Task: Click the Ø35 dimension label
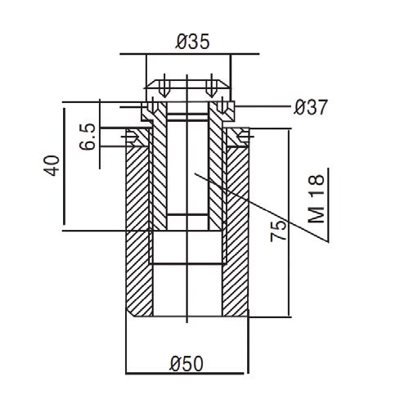[192, 42]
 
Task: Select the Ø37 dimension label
[310, 107]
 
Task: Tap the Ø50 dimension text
[187, 364]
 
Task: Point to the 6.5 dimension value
[88, 137]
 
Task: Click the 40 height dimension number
[52, 165]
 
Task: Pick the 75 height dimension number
[279, 231]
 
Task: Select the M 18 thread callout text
[317, 199]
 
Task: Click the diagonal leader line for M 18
[261, 207]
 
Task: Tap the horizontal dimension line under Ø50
[185, 374]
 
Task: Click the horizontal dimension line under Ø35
[190, 54]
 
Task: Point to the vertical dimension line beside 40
[65, 166]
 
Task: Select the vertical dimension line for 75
[289, 223]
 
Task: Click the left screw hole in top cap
[164, 86]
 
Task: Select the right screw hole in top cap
[210, 86]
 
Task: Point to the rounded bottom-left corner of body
[130, 312]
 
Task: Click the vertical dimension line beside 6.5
[100, 134]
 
